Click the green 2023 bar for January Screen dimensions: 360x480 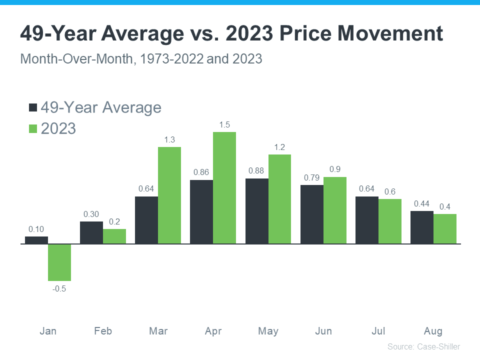tap(59, 262)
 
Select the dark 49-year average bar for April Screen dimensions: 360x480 tap(201, 212)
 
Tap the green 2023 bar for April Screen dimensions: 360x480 tap(224, 188)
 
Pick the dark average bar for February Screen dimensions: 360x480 tap(91, 232)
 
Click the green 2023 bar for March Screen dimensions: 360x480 tap(169, 195)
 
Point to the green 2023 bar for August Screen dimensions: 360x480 tap(444, 229)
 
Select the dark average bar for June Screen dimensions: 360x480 tap(311, 214)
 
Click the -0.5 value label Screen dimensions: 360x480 tap(59, 288)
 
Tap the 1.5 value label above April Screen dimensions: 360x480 tap(224, 125)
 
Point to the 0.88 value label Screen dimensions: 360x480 tap(256, 171)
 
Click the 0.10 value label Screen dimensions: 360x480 tap(36, 229)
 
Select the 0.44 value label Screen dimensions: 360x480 tap(422, 203)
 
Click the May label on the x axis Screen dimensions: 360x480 tap(268, 331)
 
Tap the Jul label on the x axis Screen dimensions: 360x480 tap(378, 331)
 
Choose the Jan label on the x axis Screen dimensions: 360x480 tap(48, 331)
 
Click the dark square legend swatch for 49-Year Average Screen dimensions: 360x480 tap(33, 108)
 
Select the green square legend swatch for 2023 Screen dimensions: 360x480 tap(33, 128)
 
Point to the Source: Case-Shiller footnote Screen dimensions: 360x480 tap(423, 346)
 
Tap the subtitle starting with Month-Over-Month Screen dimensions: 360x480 tap(141, 58)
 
